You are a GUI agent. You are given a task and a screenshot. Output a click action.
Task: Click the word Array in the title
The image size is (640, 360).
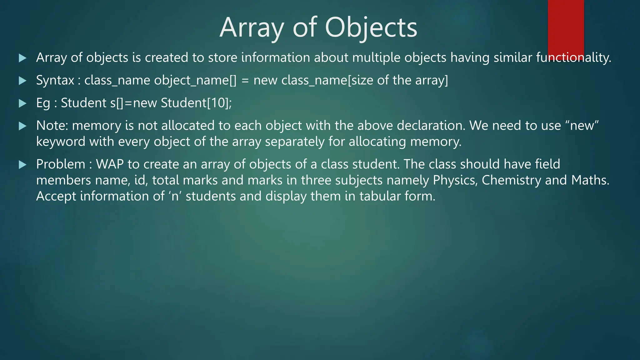click(251, 28)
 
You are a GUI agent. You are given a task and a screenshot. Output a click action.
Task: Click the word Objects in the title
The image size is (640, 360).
click(371, 28)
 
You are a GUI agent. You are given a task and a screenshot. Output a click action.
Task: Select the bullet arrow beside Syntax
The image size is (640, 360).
click(22, 81)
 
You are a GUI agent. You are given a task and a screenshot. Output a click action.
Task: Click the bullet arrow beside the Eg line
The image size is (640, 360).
click(22, 103)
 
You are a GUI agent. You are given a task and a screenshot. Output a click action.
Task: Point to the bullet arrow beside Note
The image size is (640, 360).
click(22, 126)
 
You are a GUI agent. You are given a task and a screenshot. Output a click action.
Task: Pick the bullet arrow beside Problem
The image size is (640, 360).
click(22, 165)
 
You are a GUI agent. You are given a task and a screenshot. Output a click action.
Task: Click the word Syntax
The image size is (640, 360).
click(55, 81)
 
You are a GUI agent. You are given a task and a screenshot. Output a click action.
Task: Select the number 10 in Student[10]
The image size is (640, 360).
click(218, 103)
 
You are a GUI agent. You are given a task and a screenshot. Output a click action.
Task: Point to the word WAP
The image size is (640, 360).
click(110, 164)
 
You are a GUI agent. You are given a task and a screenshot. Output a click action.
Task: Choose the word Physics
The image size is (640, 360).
click(455, 181)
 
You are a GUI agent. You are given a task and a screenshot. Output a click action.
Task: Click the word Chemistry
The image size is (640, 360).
click(511, 181)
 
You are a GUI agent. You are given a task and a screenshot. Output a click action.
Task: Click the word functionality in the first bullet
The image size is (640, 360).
click(573, 58)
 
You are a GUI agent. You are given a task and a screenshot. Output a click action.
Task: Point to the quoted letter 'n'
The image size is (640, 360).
click(175, 197)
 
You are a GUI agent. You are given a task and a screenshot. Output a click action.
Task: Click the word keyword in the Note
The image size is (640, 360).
click(61, 142)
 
